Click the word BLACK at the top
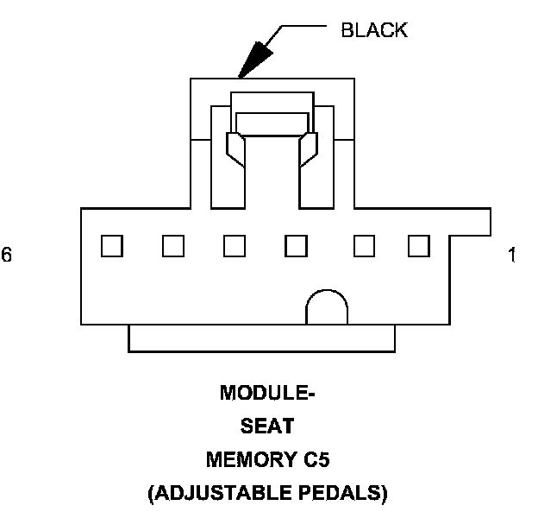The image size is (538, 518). pos(374,31)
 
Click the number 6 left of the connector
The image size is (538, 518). pos(7,256)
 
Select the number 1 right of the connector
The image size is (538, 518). pos(512,256)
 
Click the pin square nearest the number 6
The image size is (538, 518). pos(111,246)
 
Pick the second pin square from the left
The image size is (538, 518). pos(173,246)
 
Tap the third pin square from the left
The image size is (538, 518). pos(234,246)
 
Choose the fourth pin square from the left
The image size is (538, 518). pos(296,246)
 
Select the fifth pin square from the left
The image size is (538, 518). pos(364,246)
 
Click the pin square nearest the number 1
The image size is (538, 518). pos(419,246)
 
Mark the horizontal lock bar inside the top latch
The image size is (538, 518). pos(272,123)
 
